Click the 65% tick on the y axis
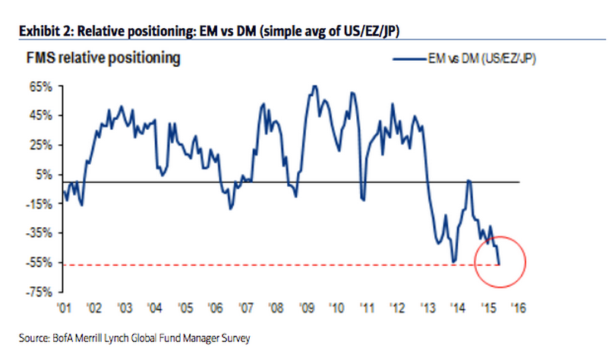point(40,87)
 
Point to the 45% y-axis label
point(40,115)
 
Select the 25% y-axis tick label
point(40,145)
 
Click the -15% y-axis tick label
point(39,204)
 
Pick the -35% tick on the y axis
point(39,233)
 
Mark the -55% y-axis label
point(39,262)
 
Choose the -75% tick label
point(39,292)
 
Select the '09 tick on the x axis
point(307,309)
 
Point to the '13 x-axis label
point(428,309)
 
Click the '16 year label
point(519,309)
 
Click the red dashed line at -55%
point(266,264)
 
